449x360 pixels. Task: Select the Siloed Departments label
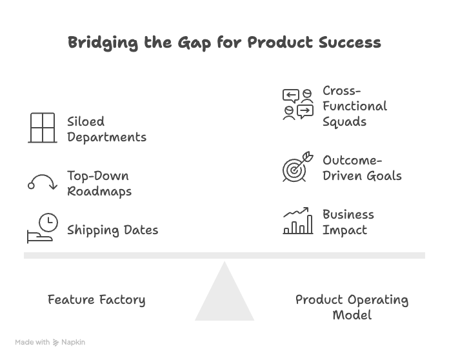[106, 129]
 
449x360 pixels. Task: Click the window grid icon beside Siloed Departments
[43, 128]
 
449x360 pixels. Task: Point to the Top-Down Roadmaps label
[99, 183]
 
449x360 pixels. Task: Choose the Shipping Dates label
[112, 230]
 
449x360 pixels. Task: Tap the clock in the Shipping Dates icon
[48, 223]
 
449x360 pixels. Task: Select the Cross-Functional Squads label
[354, 106]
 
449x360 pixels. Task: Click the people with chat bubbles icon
[297, 105]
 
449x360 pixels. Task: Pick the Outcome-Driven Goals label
[362, 168]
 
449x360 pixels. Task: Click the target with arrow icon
[297, 167]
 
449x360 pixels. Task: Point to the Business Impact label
[348, 222]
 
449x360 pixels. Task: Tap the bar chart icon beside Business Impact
[297, 221]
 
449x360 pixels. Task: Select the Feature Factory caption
[96, 300]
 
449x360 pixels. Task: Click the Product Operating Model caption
[352, 307]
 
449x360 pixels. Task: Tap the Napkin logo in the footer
[68, 343]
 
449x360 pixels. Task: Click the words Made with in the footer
[32, 343]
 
